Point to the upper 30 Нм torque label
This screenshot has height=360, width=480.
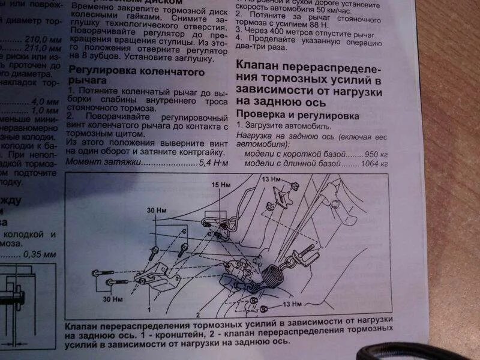pos(156,211)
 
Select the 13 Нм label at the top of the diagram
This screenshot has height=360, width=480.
pos(271,179)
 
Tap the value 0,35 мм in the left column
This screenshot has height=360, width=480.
pos(40,254)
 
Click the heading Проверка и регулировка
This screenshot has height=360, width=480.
pos(298,114)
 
